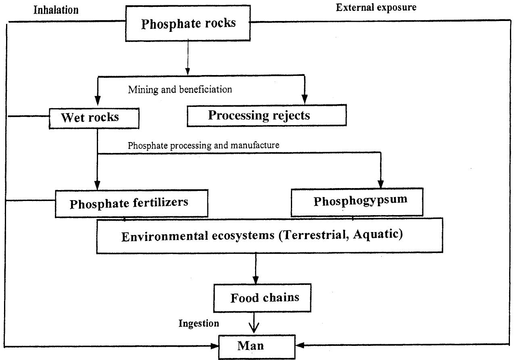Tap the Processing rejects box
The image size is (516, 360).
pyautogui.click(x=267, y=115)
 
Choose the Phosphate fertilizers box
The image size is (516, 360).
pyautogui.click(x=132, y=203)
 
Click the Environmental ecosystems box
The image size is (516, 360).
pyautogui.click(x=269, y=236)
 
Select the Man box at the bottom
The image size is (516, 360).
pyautogui.click(x=257, y=346)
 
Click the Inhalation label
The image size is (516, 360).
pyautogui.click(x=56, y=10)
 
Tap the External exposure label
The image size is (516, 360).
pyautogui.click(x=376, y=8)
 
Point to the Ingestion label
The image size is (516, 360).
pyautogui.click(x=199, y=323)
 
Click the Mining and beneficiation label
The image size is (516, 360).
pyautogui.click(x=180, y=90)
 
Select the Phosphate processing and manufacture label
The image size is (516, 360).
pyautogui.click(x=203, y=145)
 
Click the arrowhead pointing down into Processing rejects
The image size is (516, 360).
pyautogui.click(x=305, y=98)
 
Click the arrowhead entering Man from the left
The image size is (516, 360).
pyautogui.click(x=214, y=346)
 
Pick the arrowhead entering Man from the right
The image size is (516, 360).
pyautogui.click(x=301, y=346)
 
